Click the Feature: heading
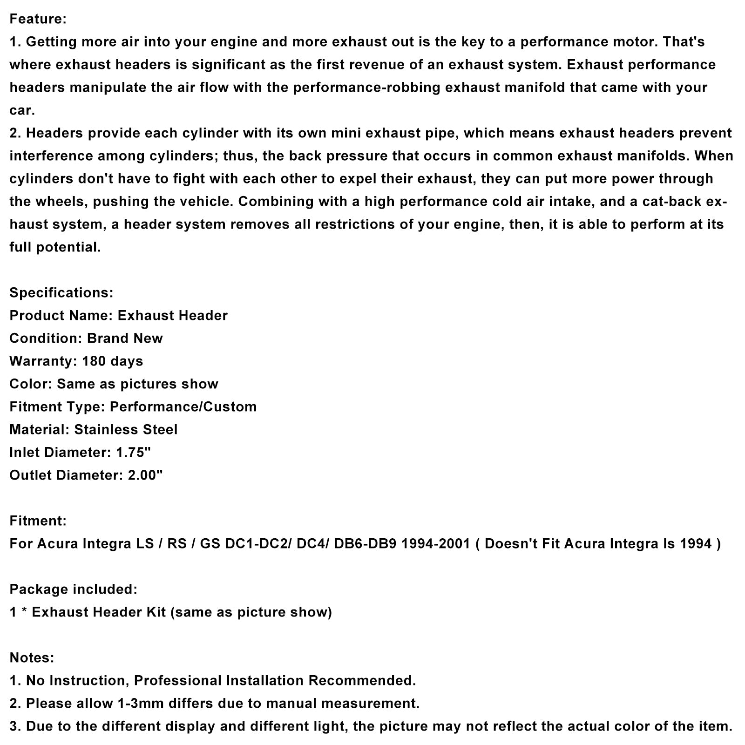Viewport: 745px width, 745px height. pyautogui.click(x=38, y=19)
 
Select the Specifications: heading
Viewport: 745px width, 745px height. pyautogui.click(x=61, y=292)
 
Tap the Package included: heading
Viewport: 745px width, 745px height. pyautogui.click(x=74, y=589)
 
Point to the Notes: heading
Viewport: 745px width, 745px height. pyautogui.click(x=32, y=657)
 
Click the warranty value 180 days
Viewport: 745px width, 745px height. pyautogui.click(x=112, y=361)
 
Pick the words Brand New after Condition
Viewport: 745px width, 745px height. pyautogui.click(x=125, y=338)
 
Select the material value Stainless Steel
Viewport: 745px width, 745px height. pyautogui.click(x=126, y=429)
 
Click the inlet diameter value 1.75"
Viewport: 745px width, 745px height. pyautogui.click(x=133, y=452)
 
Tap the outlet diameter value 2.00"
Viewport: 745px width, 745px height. pyautogui.click(x=145, y=475)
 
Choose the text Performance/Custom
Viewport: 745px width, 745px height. pyautogui.click(x=183, y=406)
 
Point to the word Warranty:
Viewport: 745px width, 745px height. pyautogui.click(x=43, y=361)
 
